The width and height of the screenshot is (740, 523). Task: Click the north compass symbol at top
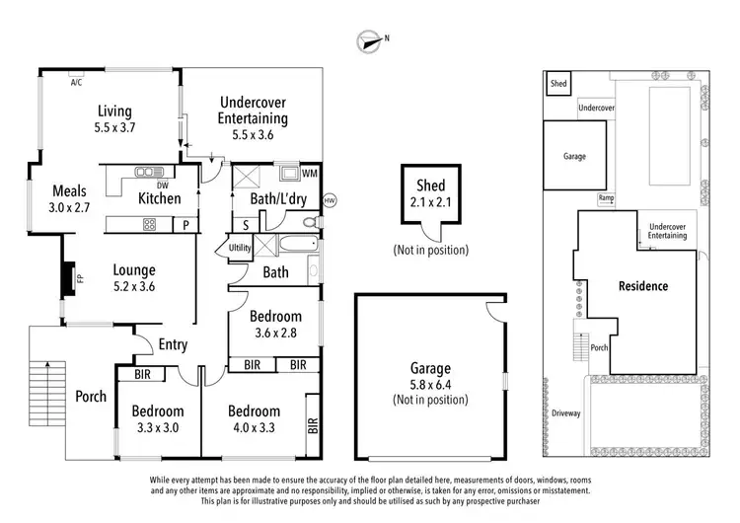pos(371,40)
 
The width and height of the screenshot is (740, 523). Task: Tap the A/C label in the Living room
pos(76,83)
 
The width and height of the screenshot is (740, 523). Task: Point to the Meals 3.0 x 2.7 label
pos(69,199)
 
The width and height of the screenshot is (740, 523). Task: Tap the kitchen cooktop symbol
pos(150,224)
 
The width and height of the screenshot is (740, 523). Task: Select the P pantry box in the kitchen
pos(185,225)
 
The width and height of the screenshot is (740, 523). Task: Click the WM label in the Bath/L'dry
pos(309,174)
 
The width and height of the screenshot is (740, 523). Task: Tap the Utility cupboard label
pos(240,248)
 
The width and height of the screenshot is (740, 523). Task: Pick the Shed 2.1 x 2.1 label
pos(431,193)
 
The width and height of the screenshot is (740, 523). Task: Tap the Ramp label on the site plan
pos(606,198)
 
